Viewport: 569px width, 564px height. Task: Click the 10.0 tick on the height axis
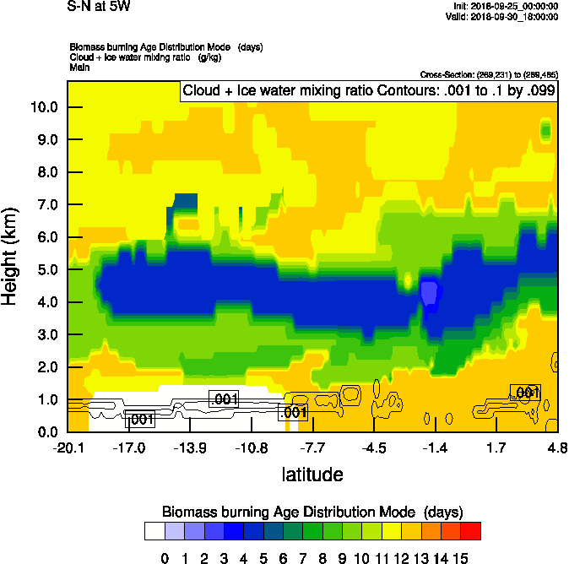point(45,107)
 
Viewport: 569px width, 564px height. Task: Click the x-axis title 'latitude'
point(312,475)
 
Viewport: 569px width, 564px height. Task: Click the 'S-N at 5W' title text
point(100,8)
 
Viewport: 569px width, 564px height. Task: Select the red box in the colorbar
point(471,530)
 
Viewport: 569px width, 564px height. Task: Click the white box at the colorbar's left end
point(154,530)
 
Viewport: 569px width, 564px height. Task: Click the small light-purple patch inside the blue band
point(430,293)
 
